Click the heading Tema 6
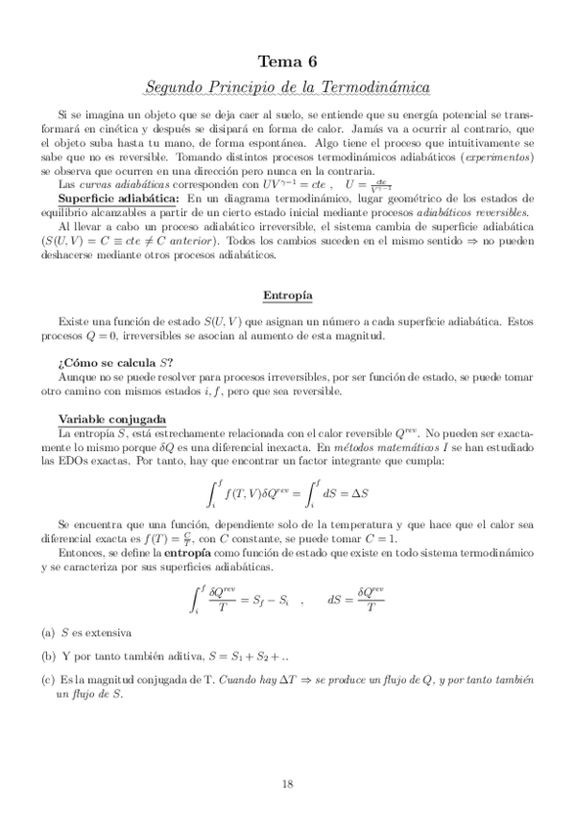coord(287,61)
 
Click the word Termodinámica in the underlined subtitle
coord(375,87)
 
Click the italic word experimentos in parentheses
coord(500,156)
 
